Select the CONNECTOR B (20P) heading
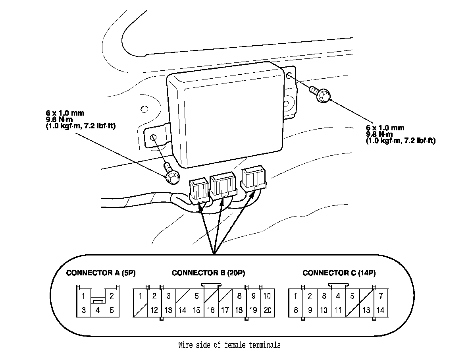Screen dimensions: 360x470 pos(208,273)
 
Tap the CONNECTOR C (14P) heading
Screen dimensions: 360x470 pos(339,273)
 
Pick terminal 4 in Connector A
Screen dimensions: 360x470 pos(98,310)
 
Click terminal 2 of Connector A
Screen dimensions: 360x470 pos(112,296)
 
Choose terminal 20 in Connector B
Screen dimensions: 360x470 pos(268,310)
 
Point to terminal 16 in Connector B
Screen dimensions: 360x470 pos(211,310)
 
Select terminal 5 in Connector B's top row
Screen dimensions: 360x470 pos(196,296)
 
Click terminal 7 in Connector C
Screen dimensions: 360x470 pos(381,296)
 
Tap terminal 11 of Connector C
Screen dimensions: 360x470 pos(338,310)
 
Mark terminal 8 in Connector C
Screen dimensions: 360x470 pos(296,310)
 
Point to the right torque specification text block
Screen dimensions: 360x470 pos(400,134)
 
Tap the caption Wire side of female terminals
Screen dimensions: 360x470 pos(229,345)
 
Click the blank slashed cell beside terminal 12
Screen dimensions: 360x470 pos(140,310)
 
